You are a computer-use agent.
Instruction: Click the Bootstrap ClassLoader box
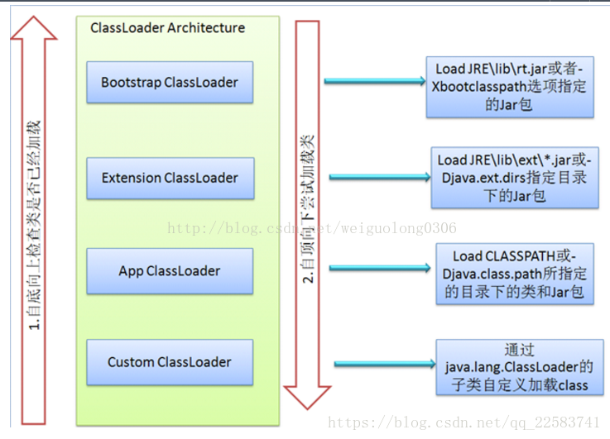170,82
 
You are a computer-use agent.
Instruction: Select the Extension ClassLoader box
170,178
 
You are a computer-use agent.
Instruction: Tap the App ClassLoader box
170,270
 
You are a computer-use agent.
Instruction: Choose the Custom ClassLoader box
170,361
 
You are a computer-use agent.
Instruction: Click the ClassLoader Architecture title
167,28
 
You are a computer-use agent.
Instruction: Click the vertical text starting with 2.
307,207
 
